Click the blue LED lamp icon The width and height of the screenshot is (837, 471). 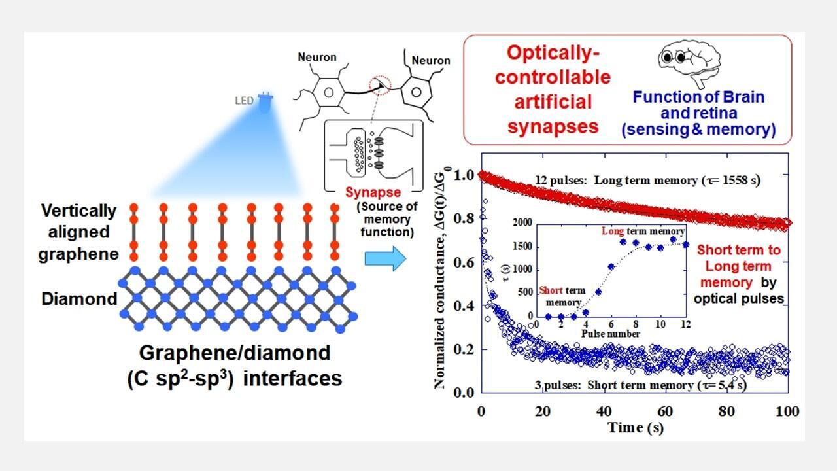point(265,103)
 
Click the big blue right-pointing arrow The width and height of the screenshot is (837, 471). point(384,258)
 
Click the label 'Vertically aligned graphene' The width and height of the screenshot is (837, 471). point(78,232)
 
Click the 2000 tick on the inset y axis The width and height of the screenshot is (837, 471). point(522,223)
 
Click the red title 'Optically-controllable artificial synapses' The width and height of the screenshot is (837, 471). point(553,90)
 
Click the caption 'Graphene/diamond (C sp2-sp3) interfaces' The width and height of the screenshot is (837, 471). point(235,366)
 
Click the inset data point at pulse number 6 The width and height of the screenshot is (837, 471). point(611,267)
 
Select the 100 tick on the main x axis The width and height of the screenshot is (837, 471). point(787,411)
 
